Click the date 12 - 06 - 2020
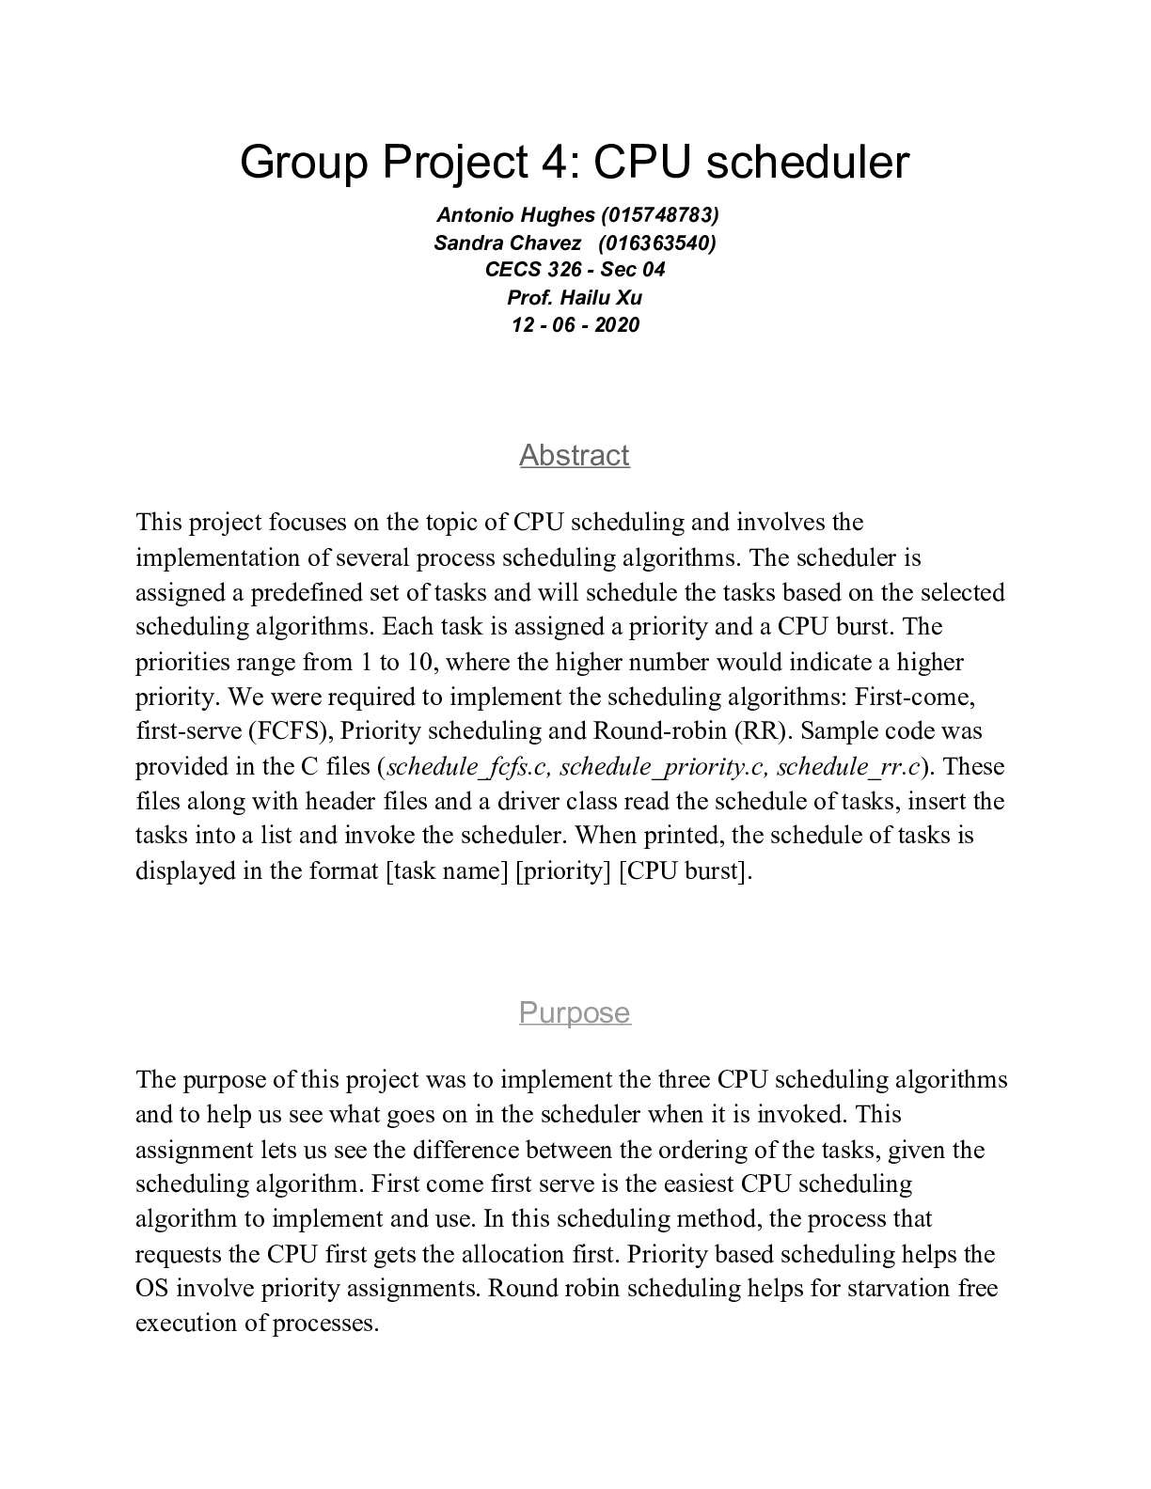coord(575,324)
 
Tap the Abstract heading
coord(575,455)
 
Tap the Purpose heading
coord(575,1012)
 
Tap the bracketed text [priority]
coord(563,870)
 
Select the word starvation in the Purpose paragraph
coord(898,1288)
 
